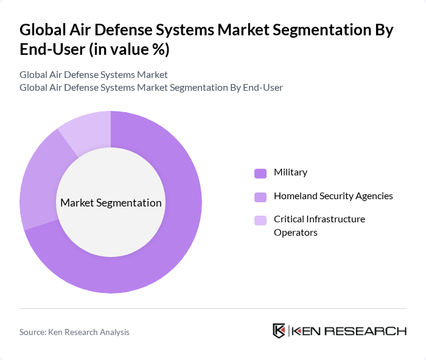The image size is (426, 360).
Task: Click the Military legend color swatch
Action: tap(260, 173)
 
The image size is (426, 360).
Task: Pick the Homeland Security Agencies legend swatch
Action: tap(260, 197)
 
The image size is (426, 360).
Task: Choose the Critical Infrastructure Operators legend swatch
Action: tap(260, 220)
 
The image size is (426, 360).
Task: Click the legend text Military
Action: tap(290, 172)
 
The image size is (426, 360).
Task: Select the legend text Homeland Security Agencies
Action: tap(333, 196)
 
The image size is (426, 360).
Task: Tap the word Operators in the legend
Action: tap(295, 232)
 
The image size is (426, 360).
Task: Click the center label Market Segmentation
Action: tap(111, 203)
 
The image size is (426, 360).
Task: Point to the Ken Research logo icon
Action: tap(279, 331)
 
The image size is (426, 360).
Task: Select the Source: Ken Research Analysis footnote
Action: tap(74, 332)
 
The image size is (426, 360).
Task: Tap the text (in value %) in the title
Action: tap(129, 50)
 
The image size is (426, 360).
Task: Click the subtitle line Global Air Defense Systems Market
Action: tap(93, 75)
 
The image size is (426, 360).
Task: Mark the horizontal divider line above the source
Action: tap(213, 308)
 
